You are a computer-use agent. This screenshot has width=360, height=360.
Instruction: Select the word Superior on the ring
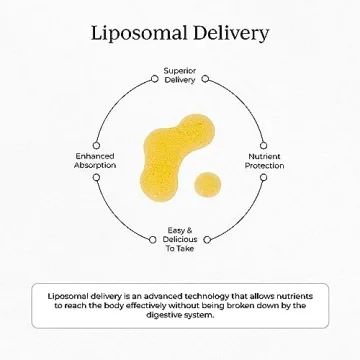click(180, 71)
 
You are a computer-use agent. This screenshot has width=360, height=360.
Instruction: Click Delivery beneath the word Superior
click(180, 79)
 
